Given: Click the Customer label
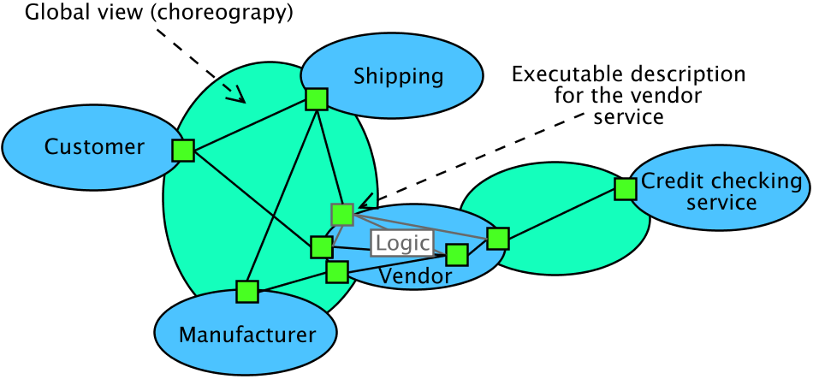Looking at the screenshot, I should click(x=94, y=147).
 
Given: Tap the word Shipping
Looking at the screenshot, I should click(x=398, y=77).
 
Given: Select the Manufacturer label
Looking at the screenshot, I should click(x=246, y=335).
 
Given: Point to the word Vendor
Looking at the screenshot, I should click(x=415, y=276).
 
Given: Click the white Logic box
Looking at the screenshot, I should click(x=402, y=243).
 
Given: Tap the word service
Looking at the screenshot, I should click(x=721, y=203).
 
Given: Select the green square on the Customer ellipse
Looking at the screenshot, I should click(x=183, y=151).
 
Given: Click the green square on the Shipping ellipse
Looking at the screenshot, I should click(x=317, y=99).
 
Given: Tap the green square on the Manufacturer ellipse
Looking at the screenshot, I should click(x=247, y=292).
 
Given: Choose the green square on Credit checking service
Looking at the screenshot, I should click(x=626, y=189).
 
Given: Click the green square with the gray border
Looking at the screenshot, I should click(x=342, y=215).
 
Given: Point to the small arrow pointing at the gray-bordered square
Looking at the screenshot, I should click(x=366, y=202).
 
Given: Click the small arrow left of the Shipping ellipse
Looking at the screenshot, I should click(x=234, y=92).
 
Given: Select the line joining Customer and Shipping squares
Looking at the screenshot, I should click(x=250, y=125).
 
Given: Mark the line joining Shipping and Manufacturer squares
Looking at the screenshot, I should click(x=282, y=195).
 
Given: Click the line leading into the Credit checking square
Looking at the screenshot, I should click(x=561, y=214).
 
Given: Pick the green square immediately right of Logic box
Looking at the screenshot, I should click(x=457, y=255).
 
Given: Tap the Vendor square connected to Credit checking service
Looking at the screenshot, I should click(x=498, y=238).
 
